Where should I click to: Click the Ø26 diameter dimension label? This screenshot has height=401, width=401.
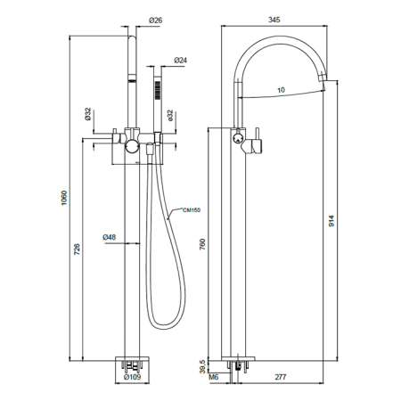pos(156,20)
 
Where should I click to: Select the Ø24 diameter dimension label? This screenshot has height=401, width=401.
pos(181,61)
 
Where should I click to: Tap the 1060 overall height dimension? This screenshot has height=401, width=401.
pos(64,199)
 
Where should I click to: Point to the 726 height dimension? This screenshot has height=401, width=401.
pos(77,250)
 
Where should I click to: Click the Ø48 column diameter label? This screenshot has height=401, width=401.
pos(110,237)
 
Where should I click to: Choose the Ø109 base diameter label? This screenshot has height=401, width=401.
pos(133,377)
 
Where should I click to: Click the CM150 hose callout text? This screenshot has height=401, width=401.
pos(192,210)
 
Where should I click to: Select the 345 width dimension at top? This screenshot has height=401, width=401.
pos(274,20)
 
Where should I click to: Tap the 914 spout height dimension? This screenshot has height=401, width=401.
pos(331,221)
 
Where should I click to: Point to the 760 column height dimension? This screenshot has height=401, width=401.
pos(202,244)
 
